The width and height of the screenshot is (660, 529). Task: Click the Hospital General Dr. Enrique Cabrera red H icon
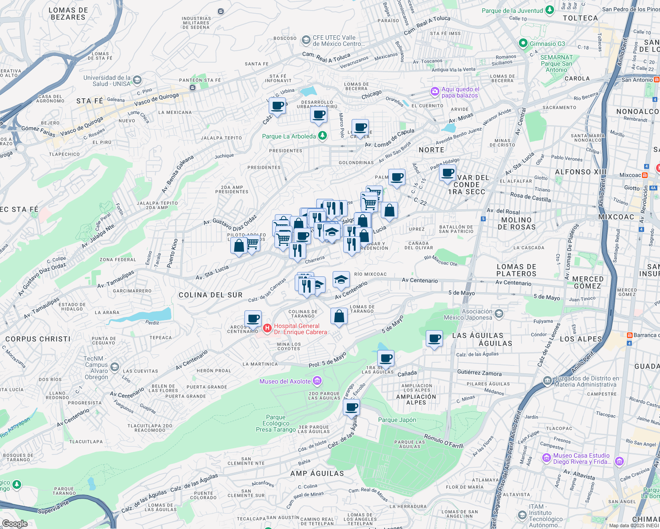coord(267,328)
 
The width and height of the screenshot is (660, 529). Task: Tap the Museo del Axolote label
coord(285,381)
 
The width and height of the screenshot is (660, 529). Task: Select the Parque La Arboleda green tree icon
coord(322,136)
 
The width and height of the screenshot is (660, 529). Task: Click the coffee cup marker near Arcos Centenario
coord(253,318)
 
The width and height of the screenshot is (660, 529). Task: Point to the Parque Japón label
coord(397,420)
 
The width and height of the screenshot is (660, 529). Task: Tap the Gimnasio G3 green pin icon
coord(523,43)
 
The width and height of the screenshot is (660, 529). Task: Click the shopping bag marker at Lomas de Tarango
coord(339,316)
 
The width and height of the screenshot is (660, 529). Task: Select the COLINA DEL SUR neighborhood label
coord(210,295)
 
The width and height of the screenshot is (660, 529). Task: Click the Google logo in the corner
coord(15,523)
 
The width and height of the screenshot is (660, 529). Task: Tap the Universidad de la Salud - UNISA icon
coord(137,80)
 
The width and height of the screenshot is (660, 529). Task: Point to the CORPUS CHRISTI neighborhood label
coord(38,339)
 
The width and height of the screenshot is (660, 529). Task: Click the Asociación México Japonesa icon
coord(499,314)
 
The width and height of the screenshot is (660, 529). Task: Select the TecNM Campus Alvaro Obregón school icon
coord(115,367)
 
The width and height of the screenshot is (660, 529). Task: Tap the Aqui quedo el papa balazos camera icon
coord(435,92)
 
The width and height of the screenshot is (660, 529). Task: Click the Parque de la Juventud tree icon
coord(549,10)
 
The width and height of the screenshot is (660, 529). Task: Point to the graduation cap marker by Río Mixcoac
coord(341,279)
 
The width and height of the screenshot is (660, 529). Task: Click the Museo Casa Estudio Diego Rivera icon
coord(619,461)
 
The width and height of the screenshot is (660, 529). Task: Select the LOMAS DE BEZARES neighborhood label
coord(68,14)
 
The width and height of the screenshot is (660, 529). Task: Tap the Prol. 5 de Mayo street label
coord(327,361)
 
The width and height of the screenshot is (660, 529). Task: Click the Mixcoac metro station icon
coord(645,175)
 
